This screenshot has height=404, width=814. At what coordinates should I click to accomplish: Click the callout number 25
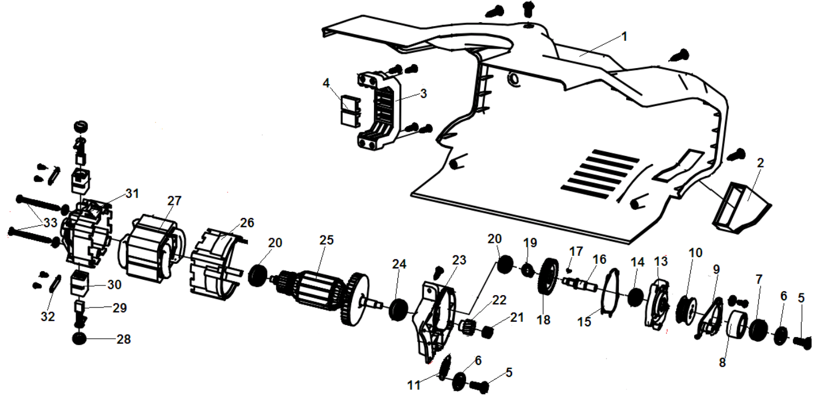[326, 241]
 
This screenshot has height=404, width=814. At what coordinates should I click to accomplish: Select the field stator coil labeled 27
[150, 250]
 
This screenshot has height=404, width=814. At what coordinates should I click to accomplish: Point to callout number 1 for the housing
[624, 36]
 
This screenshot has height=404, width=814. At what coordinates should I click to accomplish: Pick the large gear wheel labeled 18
[547, 276]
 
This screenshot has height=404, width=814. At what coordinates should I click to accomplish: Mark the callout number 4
[326, 83]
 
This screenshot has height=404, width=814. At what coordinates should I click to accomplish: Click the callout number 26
[246, 222]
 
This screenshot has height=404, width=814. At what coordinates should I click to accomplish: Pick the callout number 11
[414, 385]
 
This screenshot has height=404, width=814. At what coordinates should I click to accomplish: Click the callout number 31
[132, 193]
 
